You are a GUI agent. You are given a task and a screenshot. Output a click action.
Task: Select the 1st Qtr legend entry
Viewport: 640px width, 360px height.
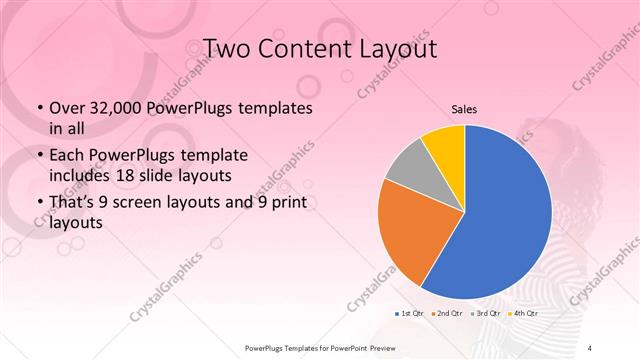(410, 313)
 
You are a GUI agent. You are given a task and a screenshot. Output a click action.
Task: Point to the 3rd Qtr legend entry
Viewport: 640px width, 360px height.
(488, 313)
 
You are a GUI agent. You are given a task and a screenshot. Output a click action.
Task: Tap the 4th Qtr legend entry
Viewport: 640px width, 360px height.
(526, 313)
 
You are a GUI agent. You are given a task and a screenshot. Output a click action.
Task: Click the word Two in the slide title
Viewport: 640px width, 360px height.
(227, 48)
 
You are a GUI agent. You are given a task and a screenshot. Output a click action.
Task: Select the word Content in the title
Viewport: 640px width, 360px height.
(308, 48)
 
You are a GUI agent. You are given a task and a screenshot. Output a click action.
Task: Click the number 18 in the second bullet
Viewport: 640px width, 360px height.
(147, 174)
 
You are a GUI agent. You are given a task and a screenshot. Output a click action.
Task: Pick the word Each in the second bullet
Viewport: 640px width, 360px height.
(68, 157)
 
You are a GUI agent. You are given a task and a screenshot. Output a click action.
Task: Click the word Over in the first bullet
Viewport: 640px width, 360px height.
(69, 108)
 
